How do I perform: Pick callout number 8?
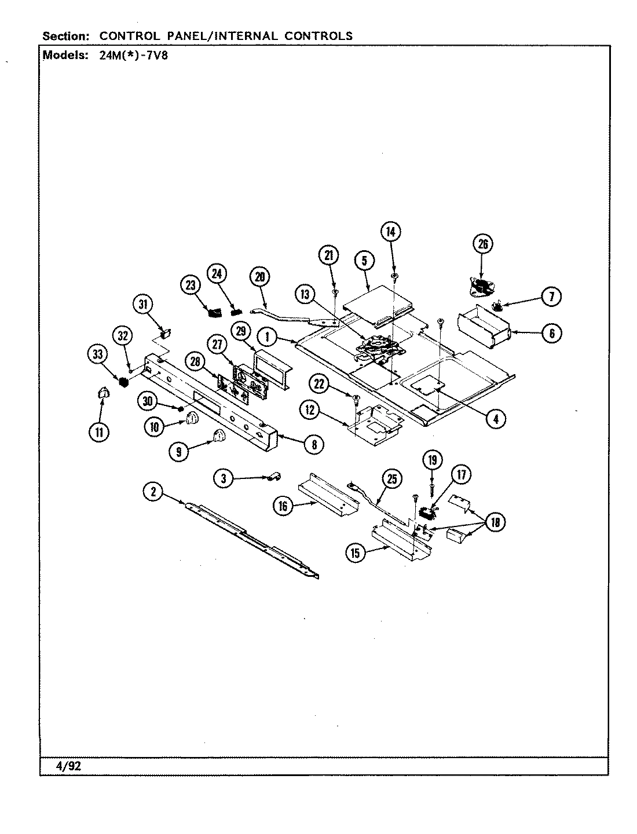point(314,444)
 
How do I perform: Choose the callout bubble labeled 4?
point(495,419)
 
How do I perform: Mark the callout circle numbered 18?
point(496,522)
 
